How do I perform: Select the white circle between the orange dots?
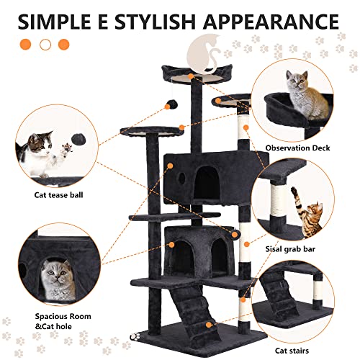pos(45,44)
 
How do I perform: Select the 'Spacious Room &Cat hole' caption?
pos(61,321)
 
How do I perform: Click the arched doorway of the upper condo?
pos(209,176)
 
